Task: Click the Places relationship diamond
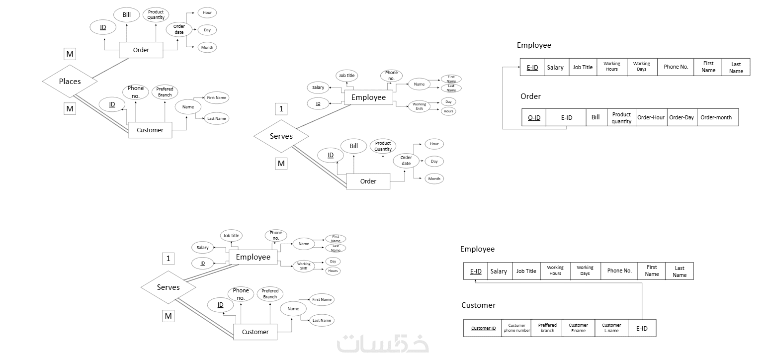pos(69,81)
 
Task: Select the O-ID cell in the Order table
pos(534,117)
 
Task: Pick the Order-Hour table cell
pos(651,117)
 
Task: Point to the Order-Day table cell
pos(681,117)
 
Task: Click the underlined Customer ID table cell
pos(483,328)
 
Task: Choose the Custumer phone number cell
pos(516,328)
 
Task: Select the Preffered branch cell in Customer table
pos(547,328)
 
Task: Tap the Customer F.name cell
pos(578,328)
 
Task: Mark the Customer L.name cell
pos(611,328)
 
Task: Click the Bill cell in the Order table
pos(596,117)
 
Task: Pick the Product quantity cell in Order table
pos(621,117)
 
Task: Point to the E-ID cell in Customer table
pos(642,328)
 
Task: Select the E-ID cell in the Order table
pos(566,117)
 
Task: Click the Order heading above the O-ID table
pos(530,96)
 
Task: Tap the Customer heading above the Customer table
pos(478,305)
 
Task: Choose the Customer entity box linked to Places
pos(150,130)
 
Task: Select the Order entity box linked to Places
pos(141,50)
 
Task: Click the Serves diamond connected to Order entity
pos(281,136)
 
